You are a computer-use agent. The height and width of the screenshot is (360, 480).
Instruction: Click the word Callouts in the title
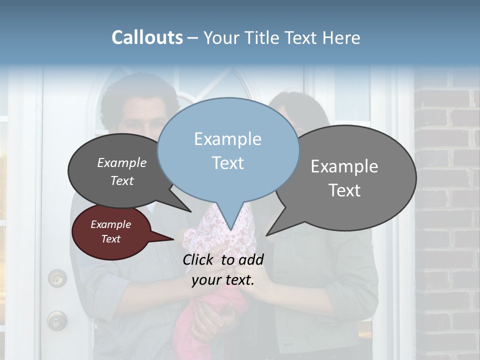click(x=147, y=37)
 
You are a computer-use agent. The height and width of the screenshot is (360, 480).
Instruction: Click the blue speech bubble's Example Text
click(x=228, y=151)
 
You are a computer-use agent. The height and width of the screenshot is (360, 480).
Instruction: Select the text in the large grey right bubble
click(x=344, y=178)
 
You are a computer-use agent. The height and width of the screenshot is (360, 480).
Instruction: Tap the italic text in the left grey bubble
click(x=122, y=171)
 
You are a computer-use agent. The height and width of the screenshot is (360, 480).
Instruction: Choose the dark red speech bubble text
click(x=111, y=231)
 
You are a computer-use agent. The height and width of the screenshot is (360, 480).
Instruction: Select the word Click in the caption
click(x=199, y=259)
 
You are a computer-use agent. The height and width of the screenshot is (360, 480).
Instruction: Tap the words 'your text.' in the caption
click(x=223, y=280)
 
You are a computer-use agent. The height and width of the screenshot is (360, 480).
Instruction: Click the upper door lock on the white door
click(x=57, y=277)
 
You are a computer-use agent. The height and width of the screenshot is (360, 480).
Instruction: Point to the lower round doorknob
click(x=56, y=320)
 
